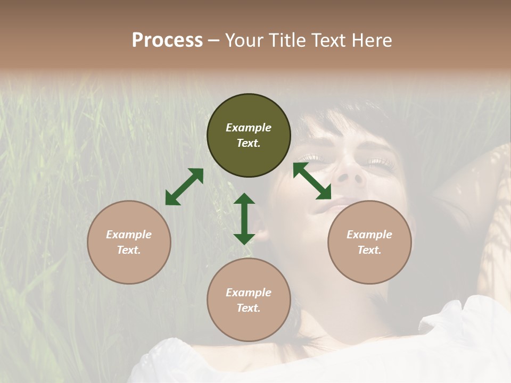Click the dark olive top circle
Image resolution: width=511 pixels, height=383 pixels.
coord(249,136)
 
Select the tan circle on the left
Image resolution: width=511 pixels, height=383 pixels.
coord(129,242)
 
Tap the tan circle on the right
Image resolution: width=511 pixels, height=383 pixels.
coord(369,242)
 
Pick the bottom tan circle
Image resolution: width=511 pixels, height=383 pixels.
coord(249,300)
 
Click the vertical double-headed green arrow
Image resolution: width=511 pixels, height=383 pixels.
coord(244,219)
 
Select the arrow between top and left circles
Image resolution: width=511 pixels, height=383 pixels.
coord(184,187)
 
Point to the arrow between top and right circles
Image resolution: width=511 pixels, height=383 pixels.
coord(312,181)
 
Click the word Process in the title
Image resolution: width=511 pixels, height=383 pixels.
coord(167,40)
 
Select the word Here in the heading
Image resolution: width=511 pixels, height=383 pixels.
coord(370,40)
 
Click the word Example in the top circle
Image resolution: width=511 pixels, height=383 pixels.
coord(249,128)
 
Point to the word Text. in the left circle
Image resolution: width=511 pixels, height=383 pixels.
coord(129,250)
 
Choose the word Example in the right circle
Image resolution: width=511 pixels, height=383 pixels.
coord(369,234)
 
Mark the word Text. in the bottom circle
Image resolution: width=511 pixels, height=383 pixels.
coord(249,308)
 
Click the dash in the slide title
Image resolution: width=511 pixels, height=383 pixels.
coord(214,40)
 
